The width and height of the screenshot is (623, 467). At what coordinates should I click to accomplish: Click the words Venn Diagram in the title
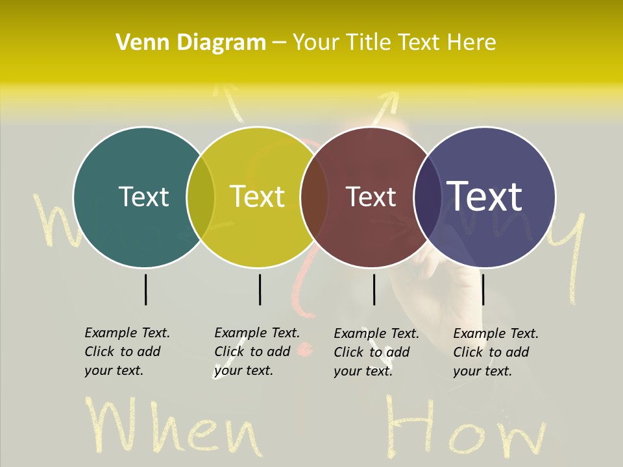pos(191,43)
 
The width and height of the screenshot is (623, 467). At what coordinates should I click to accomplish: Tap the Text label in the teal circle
pos(143,197)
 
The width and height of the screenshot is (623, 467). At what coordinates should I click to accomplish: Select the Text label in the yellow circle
pos(257,197)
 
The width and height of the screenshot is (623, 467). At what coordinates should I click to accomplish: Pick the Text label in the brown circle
pos(371,197)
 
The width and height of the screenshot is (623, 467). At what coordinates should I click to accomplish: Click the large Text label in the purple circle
pos(485,196)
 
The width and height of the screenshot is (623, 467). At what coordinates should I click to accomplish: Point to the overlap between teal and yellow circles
pos(201,197)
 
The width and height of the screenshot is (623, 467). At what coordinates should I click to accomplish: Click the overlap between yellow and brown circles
pos(315,197)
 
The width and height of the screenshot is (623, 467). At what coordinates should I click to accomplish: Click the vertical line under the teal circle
pos(145,289)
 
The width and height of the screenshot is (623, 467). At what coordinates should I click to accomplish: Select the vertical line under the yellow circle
pos(260,289)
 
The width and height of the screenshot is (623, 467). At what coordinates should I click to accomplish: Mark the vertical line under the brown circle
pos(374,289)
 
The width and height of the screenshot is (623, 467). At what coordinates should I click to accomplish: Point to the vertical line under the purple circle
pos(483,289)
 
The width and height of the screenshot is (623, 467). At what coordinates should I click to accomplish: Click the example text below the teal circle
pos(127,352)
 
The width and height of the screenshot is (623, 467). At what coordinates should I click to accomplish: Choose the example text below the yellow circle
pos(257,352)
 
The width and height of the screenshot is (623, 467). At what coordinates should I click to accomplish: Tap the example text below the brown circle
pos(376,352)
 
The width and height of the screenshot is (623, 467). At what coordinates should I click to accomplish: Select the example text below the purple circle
pos(496,352)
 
